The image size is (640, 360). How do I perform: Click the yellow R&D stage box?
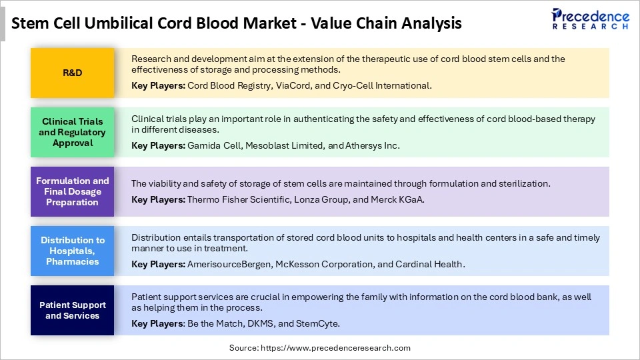click(72, 73)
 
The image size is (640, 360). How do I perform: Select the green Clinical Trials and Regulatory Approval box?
click(72, 132)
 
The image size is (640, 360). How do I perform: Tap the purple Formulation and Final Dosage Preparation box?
click(72, 191)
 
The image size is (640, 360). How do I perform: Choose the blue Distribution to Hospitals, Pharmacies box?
click(72, 251)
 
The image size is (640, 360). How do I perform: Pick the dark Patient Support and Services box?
click(72, 310)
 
